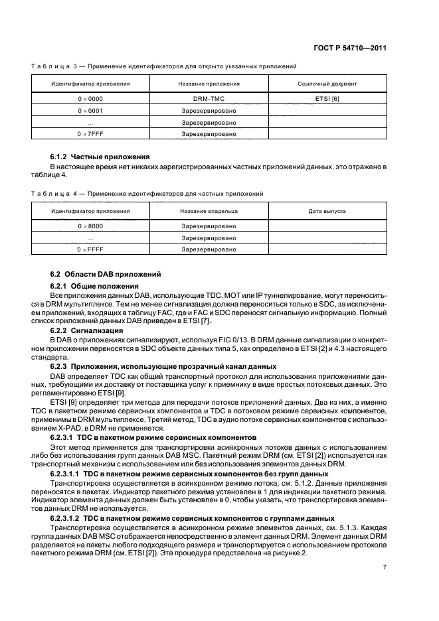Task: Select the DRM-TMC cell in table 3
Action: pos(209,98)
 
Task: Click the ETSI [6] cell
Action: pos(327,98)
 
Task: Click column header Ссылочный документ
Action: pos(327,84)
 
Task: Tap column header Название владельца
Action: pos(209,211)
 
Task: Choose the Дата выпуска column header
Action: pos(327,211)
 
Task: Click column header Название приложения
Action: pos(209,84)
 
